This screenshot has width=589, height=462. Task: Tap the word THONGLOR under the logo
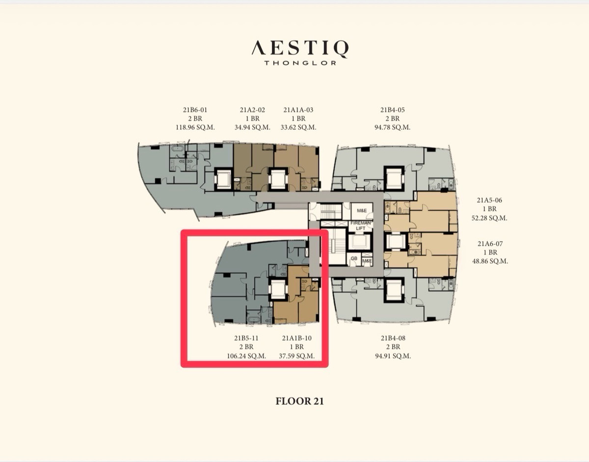300,63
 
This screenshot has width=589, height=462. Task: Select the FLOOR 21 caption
299,401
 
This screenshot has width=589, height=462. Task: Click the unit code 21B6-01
195,110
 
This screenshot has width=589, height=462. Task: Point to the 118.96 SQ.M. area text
195,128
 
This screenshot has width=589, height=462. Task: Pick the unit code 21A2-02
252,110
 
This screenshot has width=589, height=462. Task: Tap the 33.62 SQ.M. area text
298,128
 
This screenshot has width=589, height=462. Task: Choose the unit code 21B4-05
393,110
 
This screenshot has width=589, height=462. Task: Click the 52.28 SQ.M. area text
489,218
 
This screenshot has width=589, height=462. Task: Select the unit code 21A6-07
490,244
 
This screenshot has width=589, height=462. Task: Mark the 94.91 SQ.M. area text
393,356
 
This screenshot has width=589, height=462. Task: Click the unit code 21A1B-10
297,338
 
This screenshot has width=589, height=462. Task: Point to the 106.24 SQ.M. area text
246,356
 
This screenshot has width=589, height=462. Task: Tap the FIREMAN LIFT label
360,225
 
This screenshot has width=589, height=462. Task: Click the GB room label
354,258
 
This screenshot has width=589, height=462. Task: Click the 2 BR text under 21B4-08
393,347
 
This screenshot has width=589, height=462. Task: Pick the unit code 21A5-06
489,201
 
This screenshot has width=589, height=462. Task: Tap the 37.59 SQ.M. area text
297,356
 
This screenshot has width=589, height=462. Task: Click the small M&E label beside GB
367,261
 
